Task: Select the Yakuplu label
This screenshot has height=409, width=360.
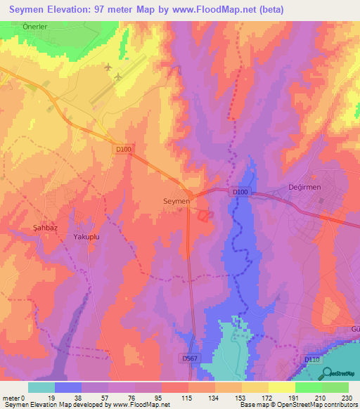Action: pyautogui.click(x=88, y=238)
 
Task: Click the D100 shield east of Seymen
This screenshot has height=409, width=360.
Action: pyautogui.click(x=240, y=190)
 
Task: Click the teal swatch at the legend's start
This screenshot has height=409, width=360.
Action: pyautogui.click(x=41, y=387)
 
